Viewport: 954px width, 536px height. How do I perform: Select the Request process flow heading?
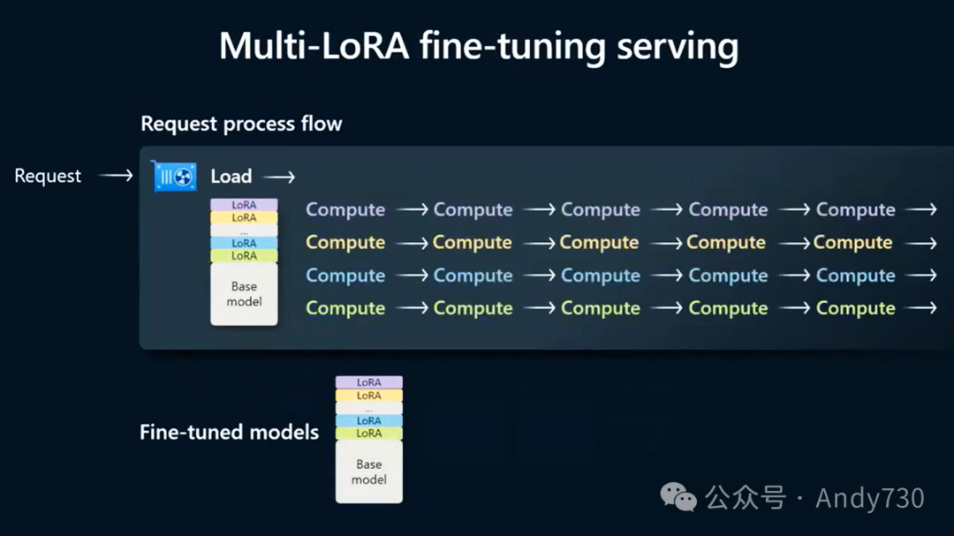coord(241,124)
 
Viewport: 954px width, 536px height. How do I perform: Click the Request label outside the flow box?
coord(48,176)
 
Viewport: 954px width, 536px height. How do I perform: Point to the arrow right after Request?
coord(116,176)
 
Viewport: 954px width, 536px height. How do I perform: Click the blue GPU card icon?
coord(175,177)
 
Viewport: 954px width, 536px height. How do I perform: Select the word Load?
coord(231,176)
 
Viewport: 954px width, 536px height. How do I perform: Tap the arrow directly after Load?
coord(279,176)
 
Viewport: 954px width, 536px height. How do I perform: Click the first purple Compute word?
coord(345,210)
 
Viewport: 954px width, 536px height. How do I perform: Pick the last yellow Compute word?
coord(853,243)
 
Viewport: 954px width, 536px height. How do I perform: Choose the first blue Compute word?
coord(345,276)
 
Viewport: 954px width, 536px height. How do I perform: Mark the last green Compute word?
coord(855,308)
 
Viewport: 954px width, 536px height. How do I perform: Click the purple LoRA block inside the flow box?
coord(244,205)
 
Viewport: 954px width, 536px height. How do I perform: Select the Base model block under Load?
coord(244,294)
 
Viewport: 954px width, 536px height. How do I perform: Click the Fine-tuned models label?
coord(229,433)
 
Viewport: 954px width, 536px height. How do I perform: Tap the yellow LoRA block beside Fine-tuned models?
coord(369,396)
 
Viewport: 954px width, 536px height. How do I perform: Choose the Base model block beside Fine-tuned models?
coord(369,472)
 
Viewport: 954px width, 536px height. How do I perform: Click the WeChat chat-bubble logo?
coord(679,498)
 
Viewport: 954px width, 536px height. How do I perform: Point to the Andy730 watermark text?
coord(870,498)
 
